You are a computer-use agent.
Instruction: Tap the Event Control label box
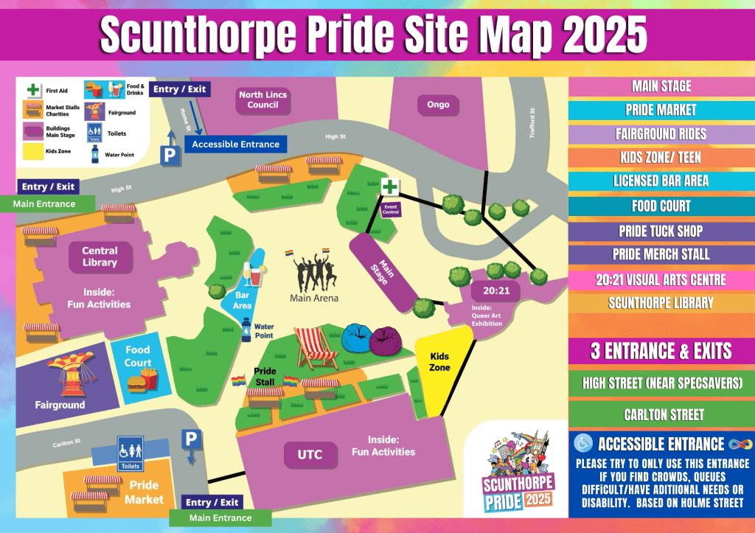391,208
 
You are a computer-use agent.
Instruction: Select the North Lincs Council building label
262,100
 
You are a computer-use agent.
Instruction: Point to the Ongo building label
438,104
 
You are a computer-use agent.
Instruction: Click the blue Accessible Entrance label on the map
235,144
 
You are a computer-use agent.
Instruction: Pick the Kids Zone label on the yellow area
439,361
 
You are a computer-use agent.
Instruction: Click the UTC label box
310,455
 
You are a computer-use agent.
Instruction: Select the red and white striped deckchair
313,347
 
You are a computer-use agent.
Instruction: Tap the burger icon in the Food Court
136,383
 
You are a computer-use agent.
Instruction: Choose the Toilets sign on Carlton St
129,453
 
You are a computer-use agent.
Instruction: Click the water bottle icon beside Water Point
246,329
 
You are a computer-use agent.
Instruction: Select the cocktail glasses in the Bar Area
254,274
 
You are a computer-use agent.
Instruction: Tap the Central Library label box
100,257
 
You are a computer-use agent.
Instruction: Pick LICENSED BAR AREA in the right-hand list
661,181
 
